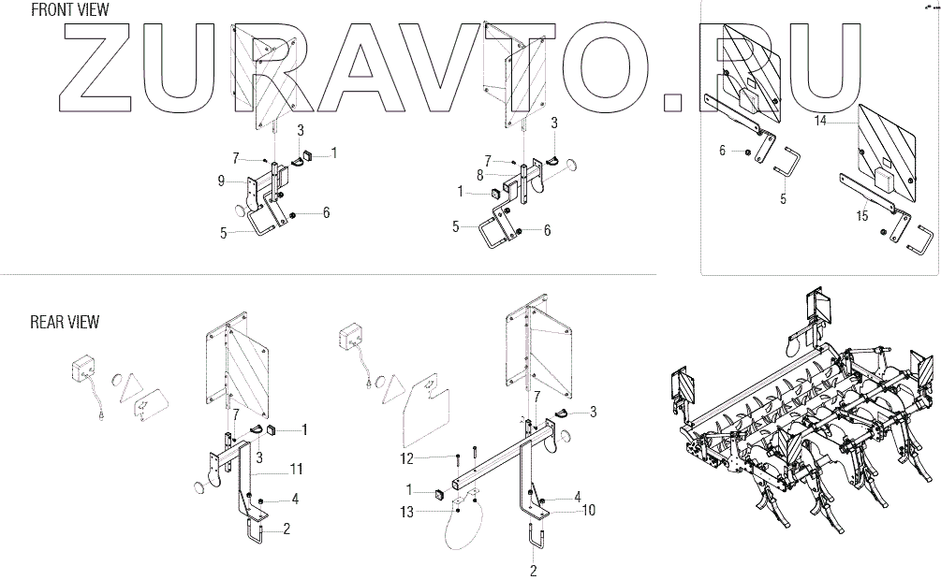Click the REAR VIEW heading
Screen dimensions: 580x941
click(x=65, y=323)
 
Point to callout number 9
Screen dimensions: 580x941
click(x=220, y=180)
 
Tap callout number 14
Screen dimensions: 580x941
click(x=820, y=121)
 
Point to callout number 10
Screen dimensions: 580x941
click(x=588, y=511)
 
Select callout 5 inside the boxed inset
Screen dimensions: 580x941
click(x=783, y=199)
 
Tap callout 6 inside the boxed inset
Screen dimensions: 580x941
click(x=722, y=150)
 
